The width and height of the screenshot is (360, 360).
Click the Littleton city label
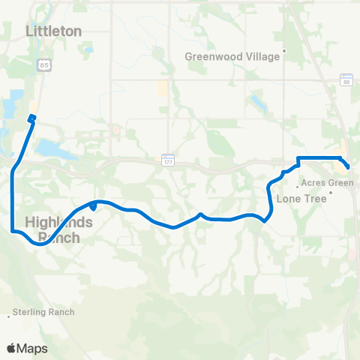click(x=53, y=31)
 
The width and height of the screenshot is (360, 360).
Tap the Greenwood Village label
click(x=232, y=55)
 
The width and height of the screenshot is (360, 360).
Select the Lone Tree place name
click(x=298, y=199)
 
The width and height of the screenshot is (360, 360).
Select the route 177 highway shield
click(x=168, y=159)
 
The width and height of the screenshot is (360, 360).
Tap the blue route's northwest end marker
click(x=32, y=118)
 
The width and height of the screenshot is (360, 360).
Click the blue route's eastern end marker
click(x=346, y=164)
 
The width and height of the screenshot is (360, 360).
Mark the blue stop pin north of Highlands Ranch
click(x=92, y=205)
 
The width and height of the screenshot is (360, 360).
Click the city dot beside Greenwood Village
click(x=285, y=53)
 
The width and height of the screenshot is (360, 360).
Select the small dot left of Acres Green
click(x=298, y=182)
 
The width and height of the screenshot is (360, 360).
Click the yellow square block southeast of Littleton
click(x=163, y=88)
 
